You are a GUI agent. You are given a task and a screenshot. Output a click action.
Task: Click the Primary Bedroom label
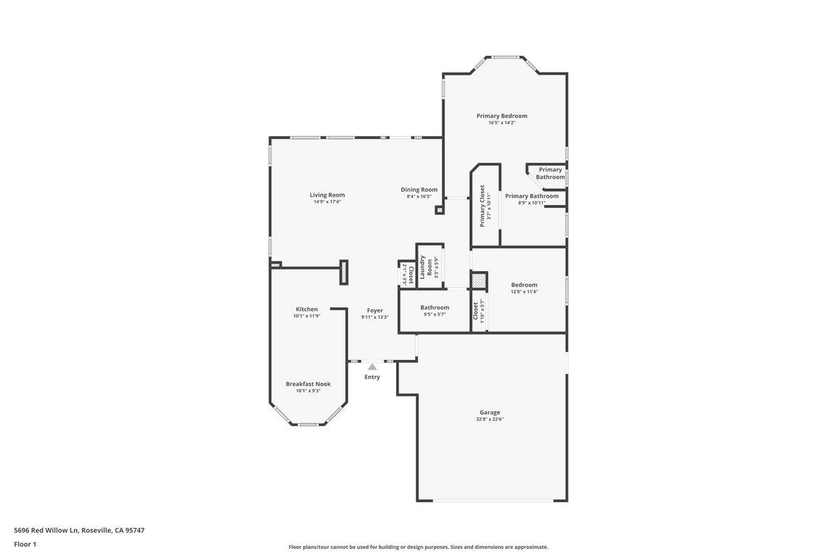[x=502, y=116]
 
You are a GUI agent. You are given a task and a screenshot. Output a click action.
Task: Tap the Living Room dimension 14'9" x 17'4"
[x=327, y=202]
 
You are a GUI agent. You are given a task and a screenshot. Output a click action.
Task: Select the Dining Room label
[x=419, y=189]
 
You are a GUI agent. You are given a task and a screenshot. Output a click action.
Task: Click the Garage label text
[x=490, y=412]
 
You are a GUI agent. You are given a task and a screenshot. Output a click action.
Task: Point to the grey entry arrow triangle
[x=372, y=366]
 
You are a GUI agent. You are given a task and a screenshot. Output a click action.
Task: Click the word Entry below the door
[x=372, y=377]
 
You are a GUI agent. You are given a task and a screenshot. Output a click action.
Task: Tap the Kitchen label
[x=306, y=309]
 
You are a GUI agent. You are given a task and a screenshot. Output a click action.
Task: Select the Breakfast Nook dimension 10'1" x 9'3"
[x=308, y=391]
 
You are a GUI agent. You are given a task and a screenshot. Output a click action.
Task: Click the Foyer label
[x=375, y=310]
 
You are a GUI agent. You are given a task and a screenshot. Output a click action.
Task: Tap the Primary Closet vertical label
[x=482, y=206]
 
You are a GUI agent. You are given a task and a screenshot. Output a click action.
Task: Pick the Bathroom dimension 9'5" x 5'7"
[x=435, y=315]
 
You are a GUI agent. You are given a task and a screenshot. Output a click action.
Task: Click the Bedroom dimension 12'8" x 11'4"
[x=525, y=292]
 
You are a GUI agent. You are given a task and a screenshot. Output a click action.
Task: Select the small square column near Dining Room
[x=439, y=210]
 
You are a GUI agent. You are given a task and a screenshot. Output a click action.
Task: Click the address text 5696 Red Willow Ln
[x=46, y=530]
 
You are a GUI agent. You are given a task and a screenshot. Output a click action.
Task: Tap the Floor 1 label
[x=25, y=544]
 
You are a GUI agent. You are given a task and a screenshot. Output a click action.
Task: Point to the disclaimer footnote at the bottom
[x=418, y=547]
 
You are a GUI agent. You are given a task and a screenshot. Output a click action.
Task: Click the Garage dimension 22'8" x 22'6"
[x=490, y=419]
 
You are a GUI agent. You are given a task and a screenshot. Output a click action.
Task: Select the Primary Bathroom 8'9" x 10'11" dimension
[x=531, y=203]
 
